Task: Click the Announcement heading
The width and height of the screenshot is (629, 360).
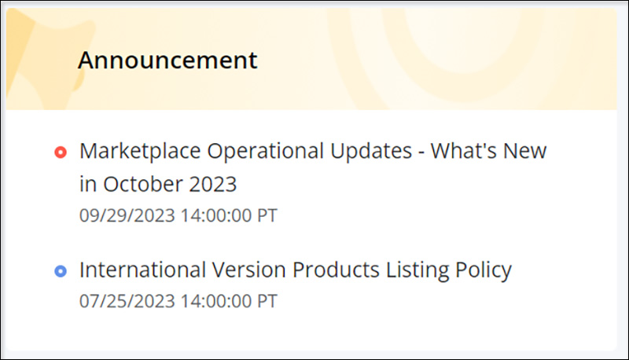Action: (167, 61)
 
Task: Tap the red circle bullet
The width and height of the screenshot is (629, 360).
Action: (61, 152)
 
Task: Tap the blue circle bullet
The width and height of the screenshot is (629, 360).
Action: (61, 271)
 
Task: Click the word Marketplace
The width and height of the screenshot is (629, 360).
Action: (140, 152)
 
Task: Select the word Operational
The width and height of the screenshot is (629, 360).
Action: (266, 152)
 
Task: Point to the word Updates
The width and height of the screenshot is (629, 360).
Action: (371, 152)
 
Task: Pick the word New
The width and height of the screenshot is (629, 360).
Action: (524, 151)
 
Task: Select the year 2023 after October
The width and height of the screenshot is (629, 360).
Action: (213, 185)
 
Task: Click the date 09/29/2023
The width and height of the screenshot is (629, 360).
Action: (127, 215)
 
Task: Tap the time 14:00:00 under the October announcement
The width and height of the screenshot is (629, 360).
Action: (216, 215)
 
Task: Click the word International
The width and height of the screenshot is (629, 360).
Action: (142, 270)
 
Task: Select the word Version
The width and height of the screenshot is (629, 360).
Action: (248, 270)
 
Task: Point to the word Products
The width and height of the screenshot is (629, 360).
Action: (336, 270)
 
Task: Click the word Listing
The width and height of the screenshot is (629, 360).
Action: (417, 270)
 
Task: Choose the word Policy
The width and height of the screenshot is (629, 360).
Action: (484, 270)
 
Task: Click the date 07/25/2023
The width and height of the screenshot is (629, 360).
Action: (127, 301)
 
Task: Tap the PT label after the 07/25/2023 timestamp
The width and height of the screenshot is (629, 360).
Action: (267, 301)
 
